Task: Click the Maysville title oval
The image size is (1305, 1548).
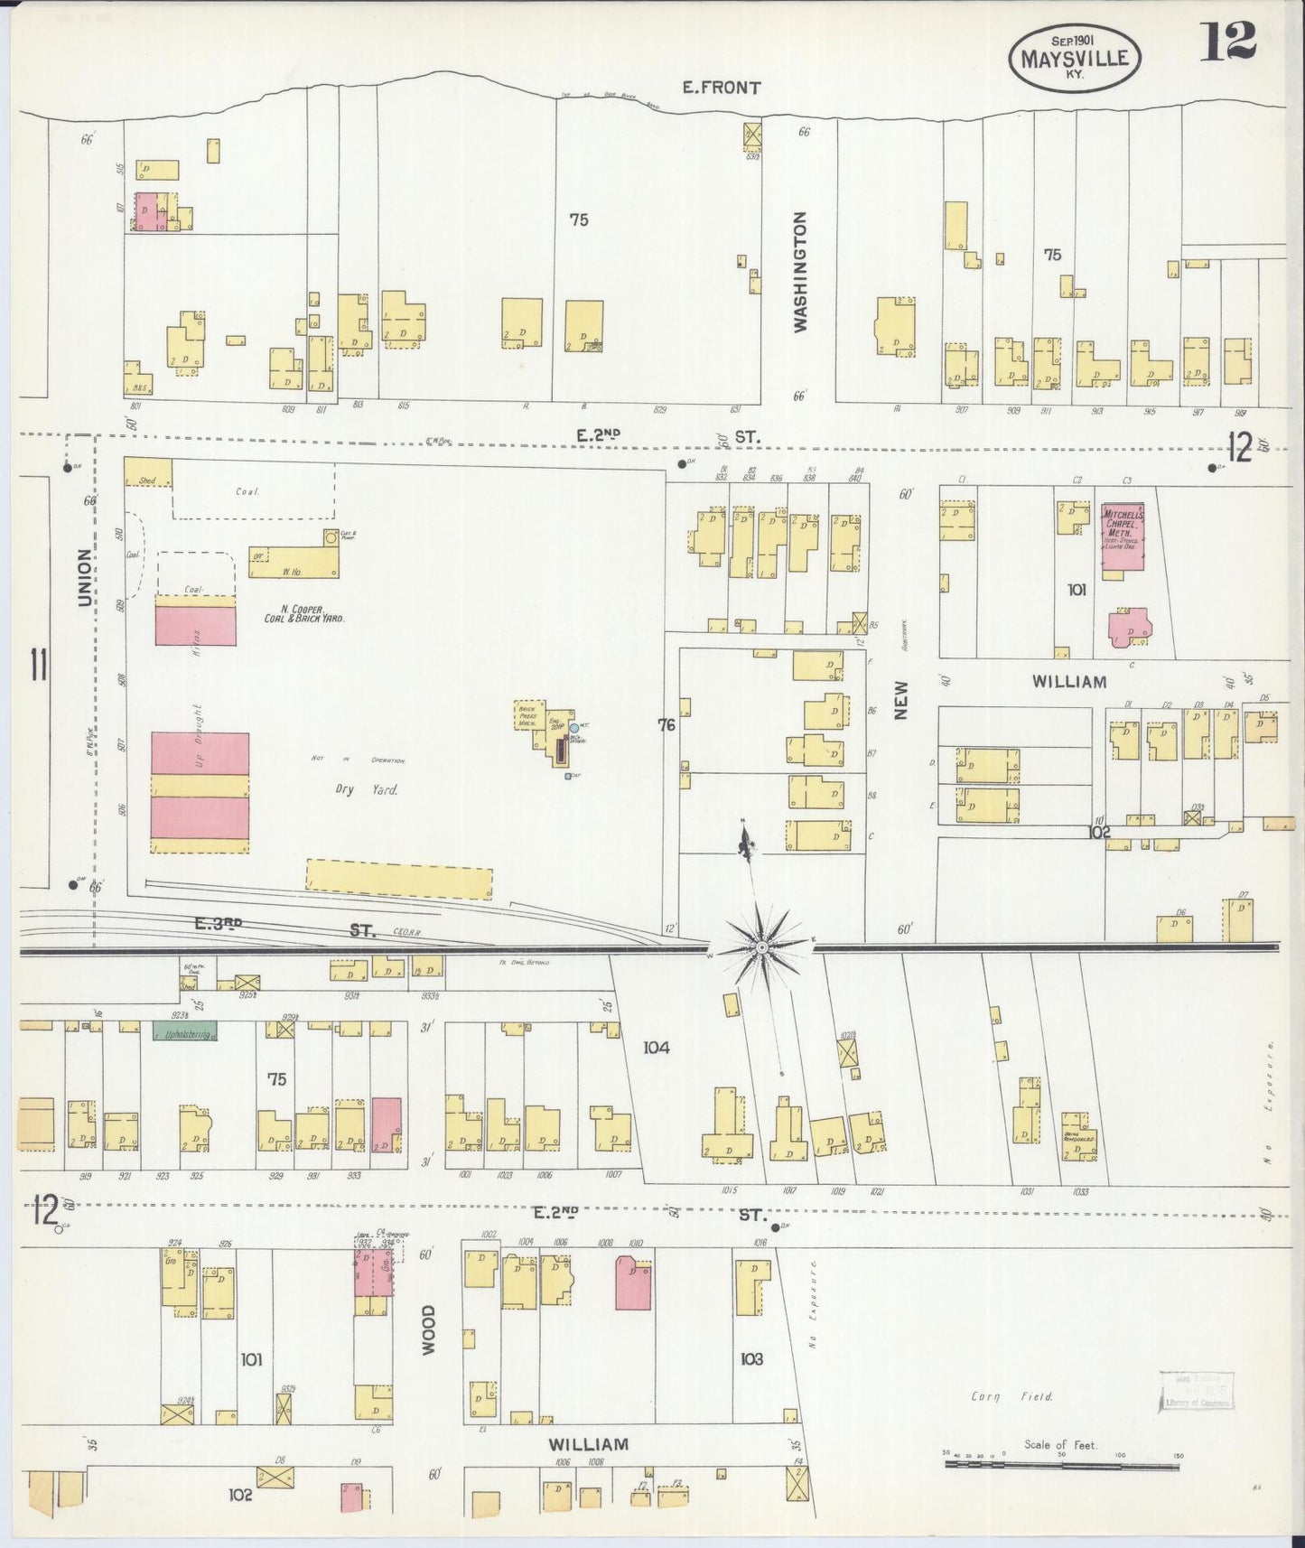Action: [x=1075, y=58]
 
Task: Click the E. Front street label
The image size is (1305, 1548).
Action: [x=721, y=88]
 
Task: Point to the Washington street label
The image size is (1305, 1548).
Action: [x=800, y=272]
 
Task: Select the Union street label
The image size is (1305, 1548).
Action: [x=84, y=578]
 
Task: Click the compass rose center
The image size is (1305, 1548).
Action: [x=762, y=947]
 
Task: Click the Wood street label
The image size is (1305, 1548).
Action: [x=428, y=1329]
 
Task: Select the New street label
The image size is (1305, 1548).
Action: [x=901, y=700]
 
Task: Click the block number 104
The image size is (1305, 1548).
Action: [x=656, y=1048]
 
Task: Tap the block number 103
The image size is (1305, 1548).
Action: [x=750, y=1357]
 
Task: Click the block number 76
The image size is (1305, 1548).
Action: [x=666, y=724]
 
